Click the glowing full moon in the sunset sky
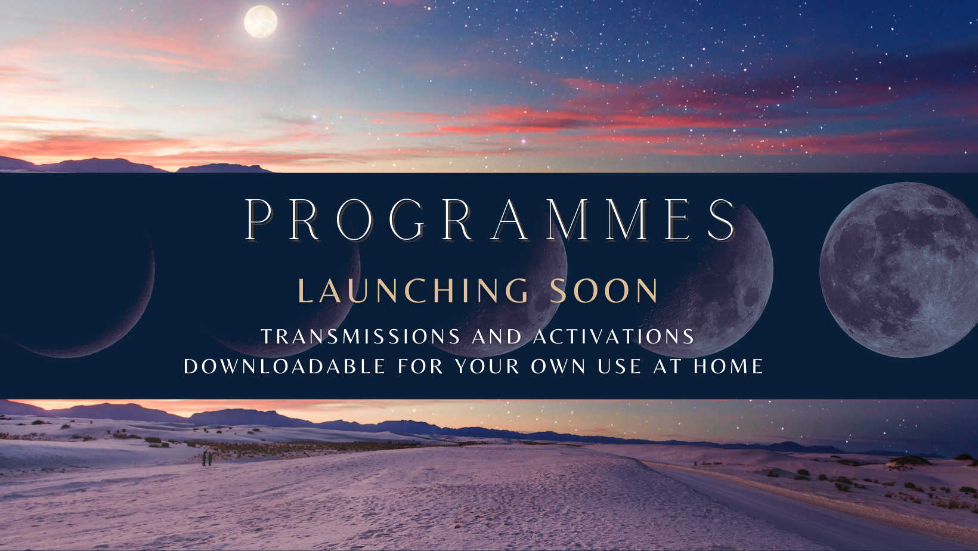(x=260, y=21)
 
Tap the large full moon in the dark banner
(x=899, y=270)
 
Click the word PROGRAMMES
(x=490, y=219)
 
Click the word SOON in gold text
(x=604, y=290)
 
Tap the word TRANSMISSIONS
(x=361, y=336)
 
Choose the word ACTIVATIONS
(x=614, y=336)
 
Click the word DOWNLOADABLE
(x=284, y=366)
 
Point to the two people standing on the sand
(x=207, y=459)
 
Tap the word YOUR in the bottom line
(x=488, y=366)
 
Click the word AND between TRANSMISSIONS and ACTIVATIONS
(x=497, y=336)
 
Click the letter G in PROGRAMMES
(x=406, y=219)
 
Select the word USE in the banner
(x=619, y=366)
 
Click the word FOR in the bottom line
(x=420, y=366)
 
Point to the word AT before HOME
(x=667, y=366)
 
